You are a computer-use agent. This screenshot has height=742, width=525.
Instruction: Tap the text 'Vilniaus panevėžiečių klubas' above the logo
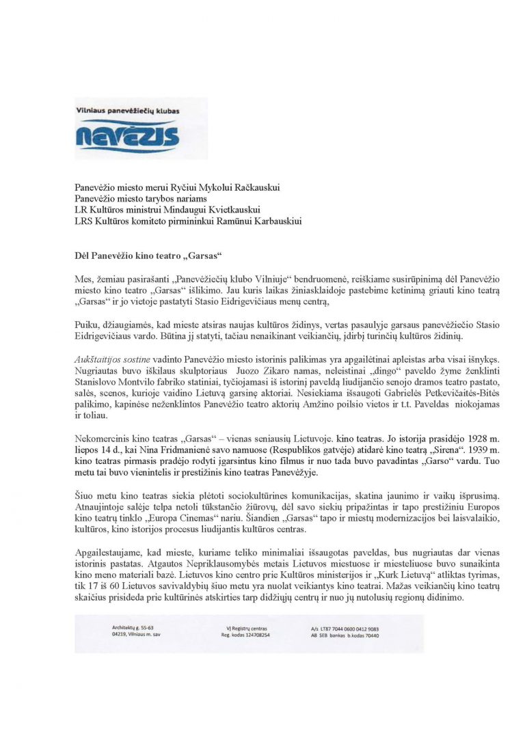126,109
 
